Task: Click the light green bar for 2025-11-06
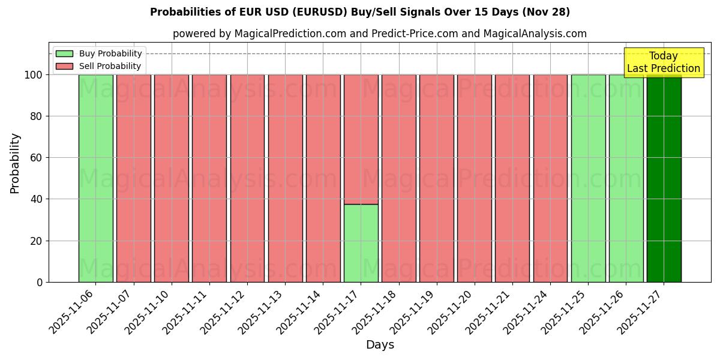point(95,178)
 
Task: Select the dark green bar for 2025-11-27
point(664,178)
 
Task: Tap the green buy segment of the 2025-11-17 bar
point(361,243)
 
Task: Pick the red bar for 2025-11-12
point(247,178)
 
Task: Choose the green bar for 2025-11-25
point(588,178)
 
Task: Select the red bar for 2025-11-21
point(512,178)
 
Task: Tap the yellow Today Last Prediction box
point(663,62)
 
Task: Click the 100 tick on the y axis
point(33,75)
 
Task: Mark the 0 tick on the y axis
point(40,282)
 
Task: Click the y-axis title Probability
point(15,163)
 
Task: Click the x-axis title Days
point(380,345)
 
